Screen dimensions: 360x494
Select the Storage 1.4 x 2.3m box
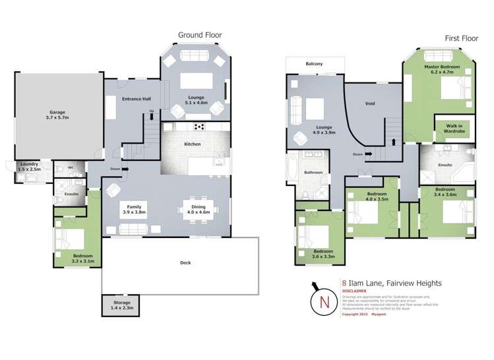click(x=121, y=305)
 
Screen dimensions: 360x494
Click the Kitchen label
click(x=192, y=144)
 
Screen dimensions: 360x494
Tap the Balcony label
click(x=314, y=64)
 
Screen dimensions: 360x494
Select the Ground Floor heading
click(x=200, y=35)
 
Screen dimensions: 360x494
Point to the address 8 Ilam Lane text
click(x=392, y=284)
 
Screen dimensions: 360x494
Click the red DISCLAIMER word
click(x=355, y=292)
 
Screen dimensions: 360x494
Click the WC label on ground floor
click(x=71, y=167)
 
